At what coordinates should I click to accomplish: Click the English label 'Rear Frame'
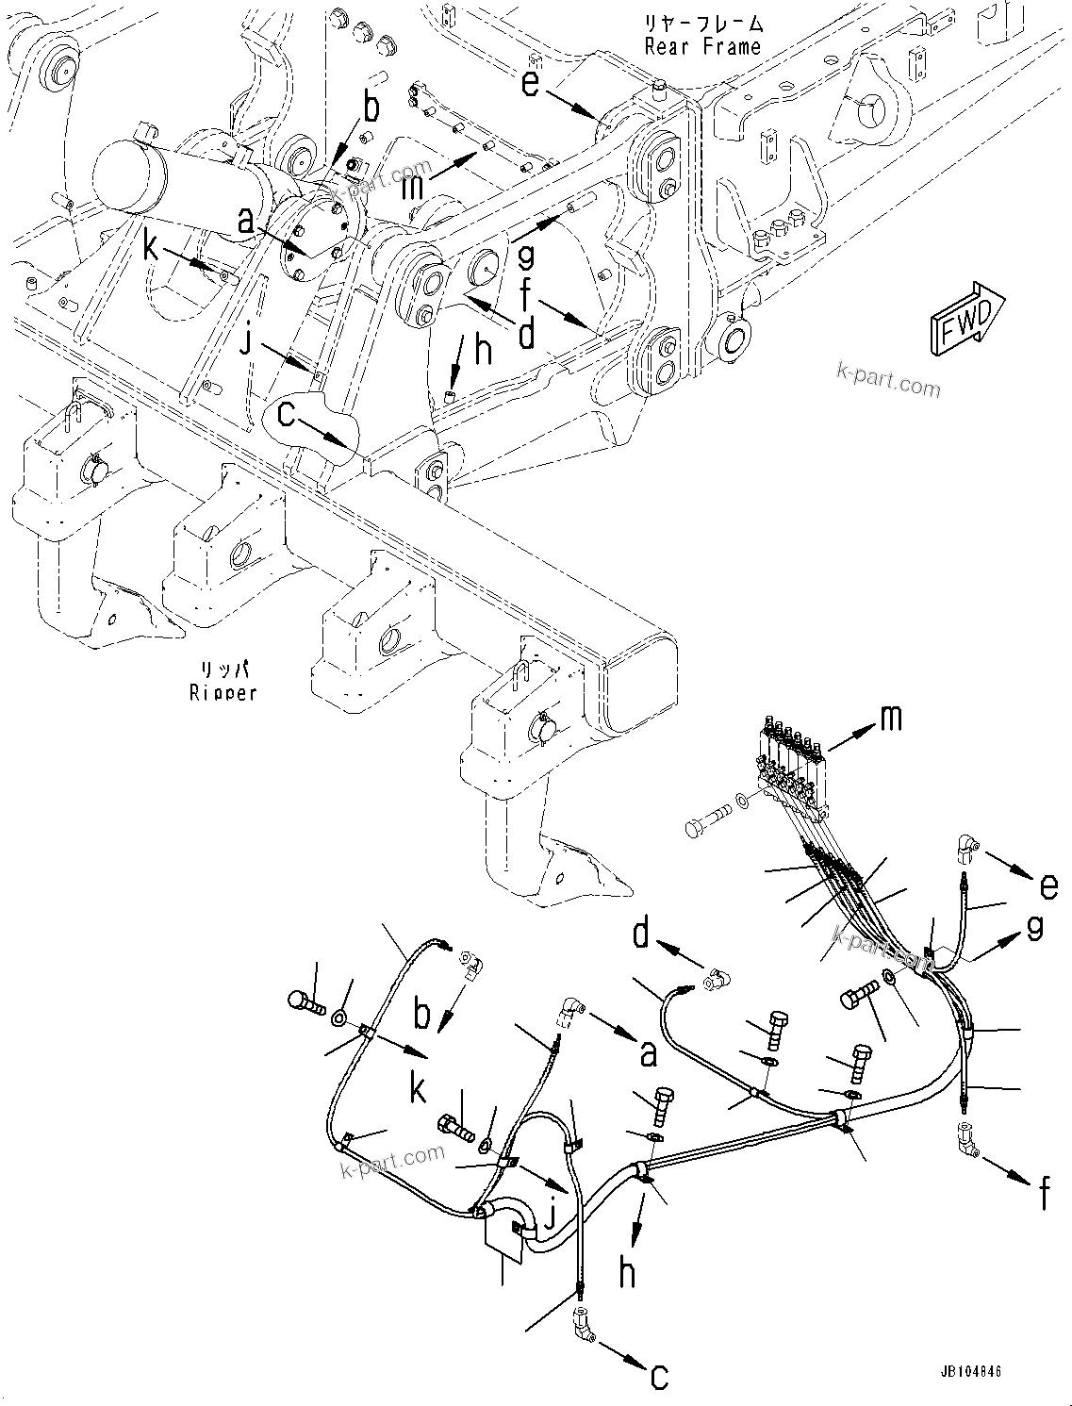click(702, 46)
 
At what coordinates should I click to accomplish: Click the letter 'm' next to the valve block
click(889, 719)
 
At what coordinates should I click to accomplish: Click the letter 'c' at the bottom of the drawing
click(659, 1376)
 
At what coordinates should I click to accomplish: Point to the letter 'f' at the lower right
click(1043, 1194)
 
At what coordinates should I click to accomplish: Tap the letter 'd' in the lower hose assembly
click(642, 933)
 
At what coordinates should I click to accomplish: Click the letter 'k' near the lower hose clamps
click(417, 1089)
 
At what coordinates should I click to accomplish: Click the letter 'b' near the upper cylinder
click(372, 108)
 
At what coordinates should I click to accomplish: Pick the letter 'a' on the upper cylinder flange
click(245, 223)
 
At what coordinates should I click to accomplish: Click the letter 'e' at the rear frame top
click(531, 84)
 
